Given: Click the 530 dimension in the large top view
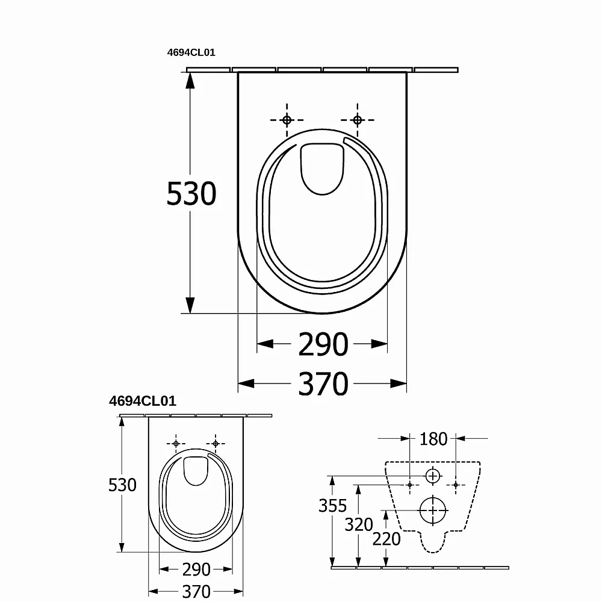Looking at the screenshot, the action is tap(191, 194).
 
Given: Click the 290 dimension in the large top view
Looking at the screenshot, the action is tap(323, 344).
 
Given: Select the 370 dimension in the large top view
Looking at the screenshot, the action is tap(323, 384).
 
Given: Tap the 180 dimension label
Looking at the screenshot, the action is tap(433, 439).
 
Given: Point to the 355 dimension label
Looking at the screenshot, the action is tap(332, 506).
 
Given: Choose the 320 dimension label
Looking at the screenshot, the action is tap(359, 524).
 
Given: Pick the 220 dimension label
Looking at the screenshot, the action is tap(386, 539).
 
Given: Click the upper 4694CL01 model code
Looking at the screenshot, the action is tap(191, 52).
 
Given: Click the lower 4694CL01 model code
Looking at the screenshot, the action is tap(143, 401).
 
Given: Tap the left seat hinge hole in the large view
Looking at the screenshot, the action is tap(287, 120).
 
